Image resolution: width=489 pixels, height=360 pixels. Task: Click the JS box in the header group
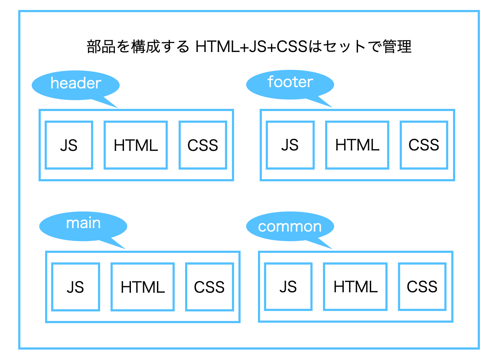point(69,145)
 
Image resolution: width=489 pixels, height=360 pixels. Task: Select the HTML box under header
point(136,145)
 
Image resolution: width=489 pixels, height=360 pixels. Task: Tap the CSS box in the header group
point(203,145)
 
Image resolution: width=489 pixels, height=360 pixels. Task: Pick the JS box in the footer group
point(290,145)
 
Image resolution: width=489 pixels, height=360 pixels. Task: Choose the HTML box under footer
point(357,145)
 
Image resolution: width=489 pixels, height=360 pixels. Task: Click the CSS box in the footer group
point(424,145)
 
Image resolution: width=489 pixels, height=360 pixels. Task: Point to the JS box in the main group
point(75,287)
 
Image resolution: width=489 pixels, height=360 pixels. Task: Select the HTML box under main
point(143,287)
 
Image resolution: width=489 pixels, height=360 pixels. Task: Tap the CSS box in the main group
point(209,287)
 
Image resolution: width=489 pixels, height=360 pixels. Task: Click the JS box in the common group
point(288,287)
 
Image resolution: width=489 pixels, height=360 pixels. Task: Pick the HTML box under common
point(355,287)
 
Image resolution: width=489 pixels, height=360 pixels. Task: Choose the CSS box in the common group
point(422,287)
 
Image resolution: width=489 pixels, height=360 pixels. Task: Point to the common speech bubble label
point(290,226)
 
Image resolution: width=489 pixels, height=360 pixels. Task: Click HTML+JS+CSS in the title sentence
point(252,46)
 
